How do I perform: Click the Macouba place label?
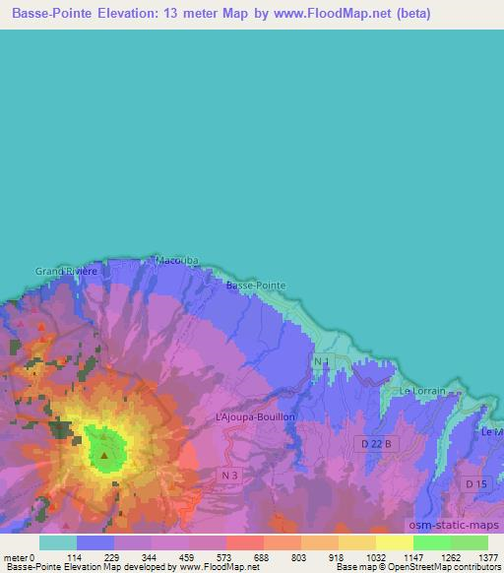point(177,261)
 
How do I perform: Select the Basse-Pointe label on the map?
point(256,285)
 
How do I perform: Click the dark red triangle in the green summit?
point(104,455)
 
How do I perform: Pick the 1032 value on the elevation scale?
point(375,557)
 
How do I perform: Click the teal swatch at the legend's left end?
point(58,542)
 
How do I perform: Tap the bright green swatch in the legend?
point(432,542)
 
